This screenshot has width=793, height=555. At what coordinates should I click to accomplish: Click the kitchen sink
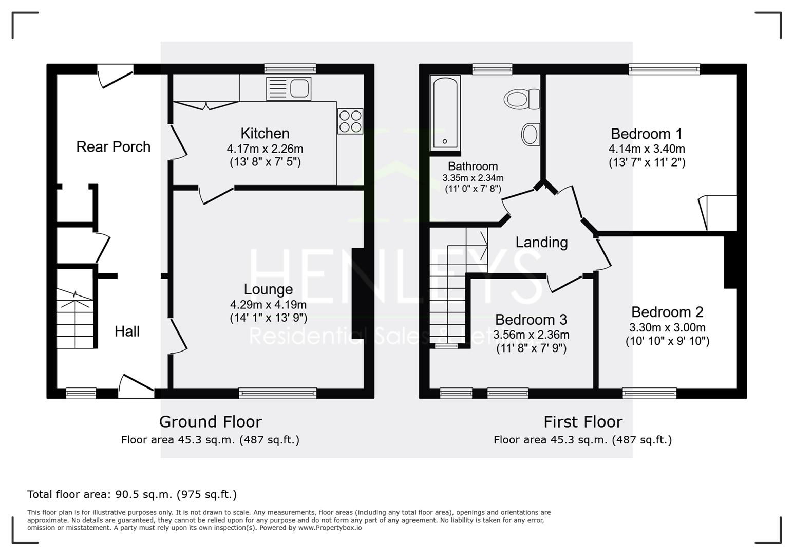(x=289, y=88)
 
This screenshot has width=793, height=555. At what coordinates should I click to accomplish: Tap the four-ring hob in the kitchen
(x=350, y=121)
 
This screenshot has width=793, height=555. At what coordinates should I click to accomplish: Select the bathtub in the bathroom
(x=445, y=113)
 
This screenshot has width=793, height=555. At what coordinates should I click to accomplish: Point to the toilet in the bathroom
(x=521, y=99)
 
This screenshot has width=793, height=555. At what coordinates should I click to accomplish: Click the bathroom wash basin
(x=531, y=134)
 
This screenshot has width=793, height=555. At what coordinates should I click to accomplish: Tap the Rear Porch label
(x=114, y=146)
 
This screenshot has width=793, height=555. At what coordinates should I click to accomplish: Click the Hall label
(x=127, y=331)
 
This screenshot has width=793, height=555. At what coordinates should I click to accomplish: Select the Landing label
(x=541, y=243)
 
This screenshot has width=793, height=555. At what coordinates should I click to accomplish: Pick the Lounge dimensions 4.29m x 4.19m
(x=268, y=305)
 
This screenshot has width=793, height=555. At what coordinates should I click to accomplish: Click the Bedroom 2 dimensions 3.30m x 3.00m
(x=667, y=327)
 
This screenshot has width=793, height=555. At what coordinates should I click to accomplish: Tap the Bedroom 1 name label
(x=647, y=134)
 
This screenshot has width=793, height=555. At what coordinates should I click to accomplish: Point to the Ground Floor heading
(x=210, y=422)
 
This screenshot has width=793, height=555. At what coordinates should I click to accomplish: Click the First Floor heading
(x=583, y=422)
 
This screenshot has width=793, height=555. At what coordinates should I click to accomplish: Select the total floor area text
(x=132, y=494)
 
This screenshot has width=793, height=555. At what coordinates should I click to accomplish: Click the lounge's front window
(x=278, y=393)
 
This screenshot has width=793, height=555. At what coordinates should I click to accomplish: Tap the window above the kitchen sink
(x=290, y=69)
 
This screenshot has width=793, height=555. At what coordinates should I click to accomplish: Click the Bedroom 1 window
(x=664, y=69)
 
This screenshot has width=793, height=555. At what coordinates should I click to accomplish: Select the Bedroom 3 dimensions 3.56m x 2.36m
(x=531, y=335)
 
